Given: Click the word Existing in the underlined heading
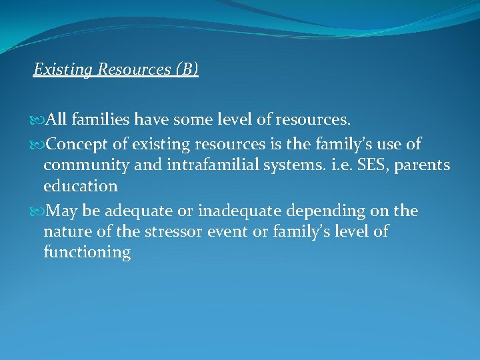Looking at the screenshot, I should pos(56,69).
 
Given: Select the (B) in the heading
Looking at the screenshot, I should pos(187,69).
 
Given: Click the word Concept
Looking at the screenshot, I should pos(74,144).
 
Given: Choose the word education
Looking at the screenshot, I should pos(80,185).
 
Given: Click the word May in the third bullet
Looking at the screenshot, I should pos(61,211).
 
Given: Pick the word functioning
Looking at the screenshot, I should pos(87,253).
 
